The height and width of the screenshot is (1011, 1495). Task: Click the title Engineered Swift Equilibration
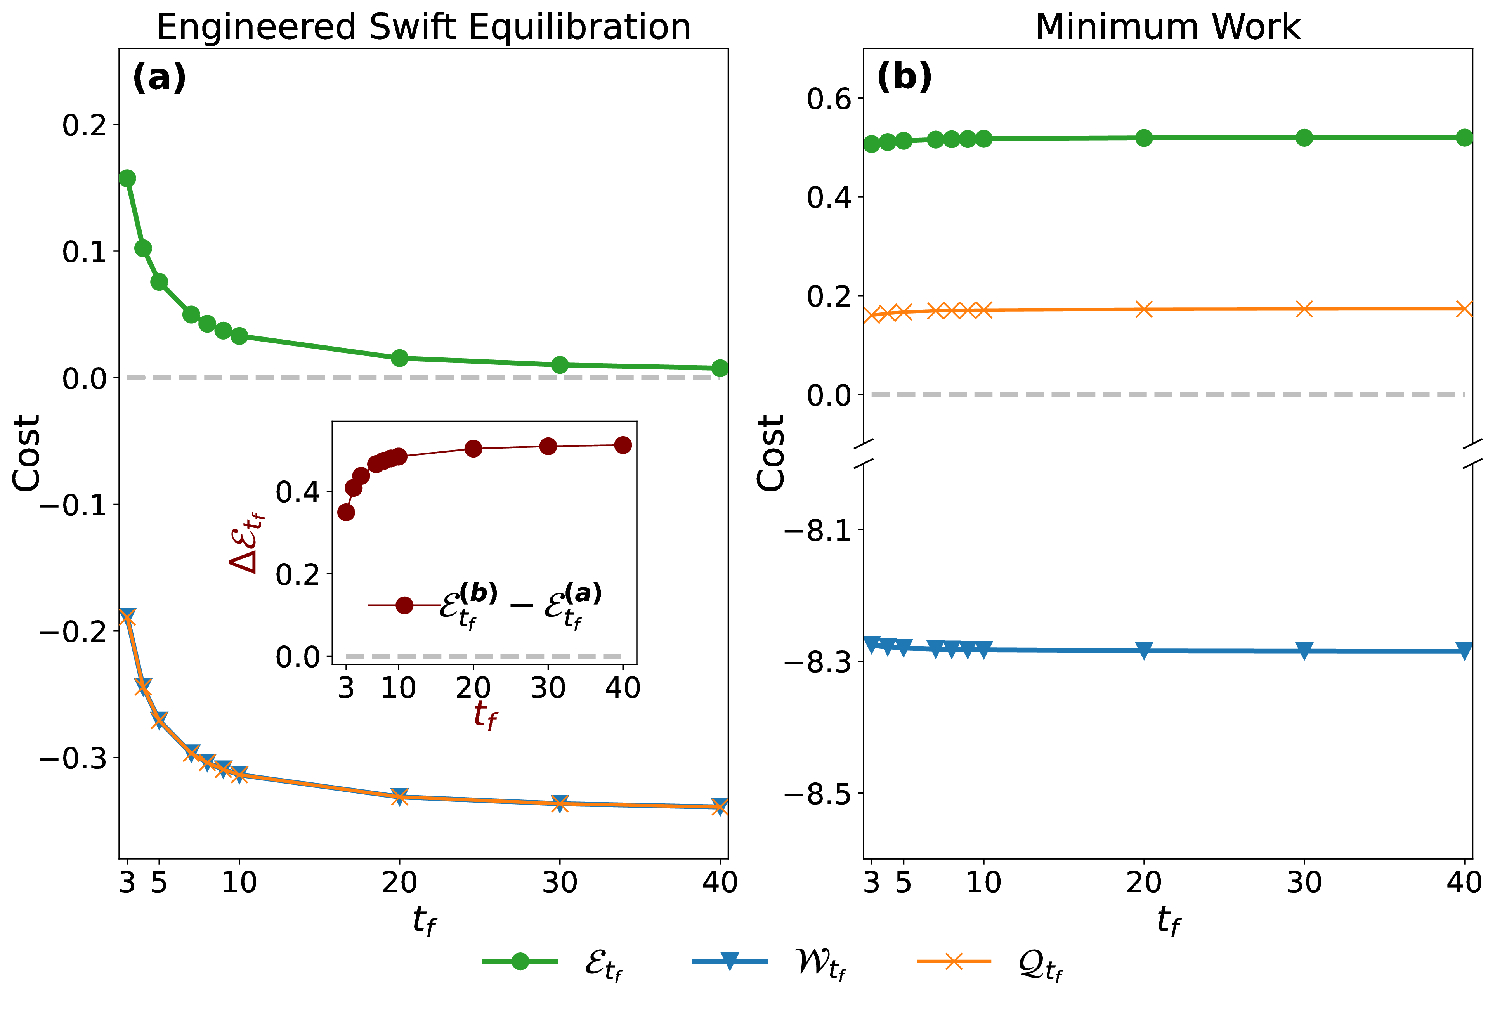(423, 27)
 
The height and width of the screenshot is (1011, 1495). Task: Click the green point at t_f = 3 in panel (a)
(127, 178)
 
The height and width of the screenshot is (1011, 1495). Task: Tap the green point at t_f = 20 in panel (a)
(399, 357)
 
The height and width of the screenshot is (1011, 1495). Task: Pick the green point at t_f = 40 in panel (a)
(720, 368)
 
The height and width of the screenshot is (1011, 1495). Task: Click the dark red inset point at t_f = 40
(623, 445)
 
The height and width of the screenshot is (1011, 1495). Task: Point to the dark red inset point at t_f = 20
(473, 448)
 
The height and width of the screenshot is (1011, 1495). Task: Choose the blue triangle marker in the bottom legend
(730, 961)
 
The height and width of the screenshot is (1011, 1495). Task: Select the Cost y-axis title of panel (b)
(771, 453)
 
